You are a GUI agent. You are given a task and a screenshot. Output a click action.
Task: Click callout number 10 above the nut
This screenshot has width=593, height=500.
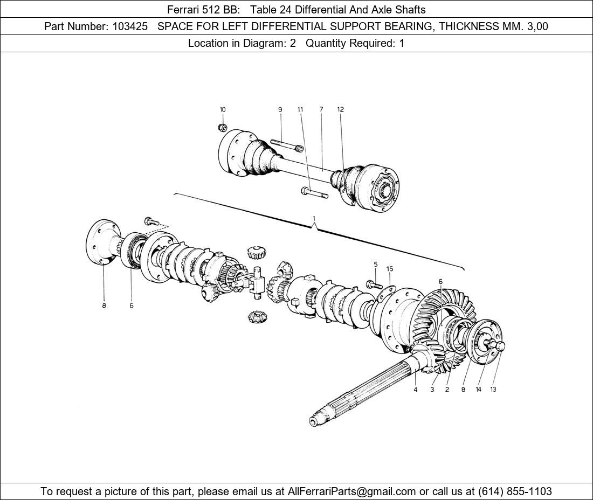(222, 109)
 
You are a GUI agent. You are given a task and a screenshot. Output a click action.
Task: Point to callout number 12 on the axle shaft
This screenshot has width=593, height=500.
(340, 109)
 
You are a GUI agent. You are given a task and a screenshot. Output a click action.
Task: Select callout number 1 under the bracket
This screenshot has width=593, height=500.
(314, 219)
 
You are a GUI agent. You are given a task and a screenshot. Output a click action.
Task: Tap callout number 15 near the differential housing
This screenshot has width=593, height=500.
(390, 268)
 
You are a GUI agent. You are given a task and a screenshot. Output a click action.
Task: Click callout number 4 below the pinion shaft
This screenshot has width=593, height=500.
(415, 390)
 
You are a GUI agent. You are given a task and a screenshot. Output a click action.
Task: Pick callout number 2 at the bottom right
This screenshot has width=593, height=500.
(447, 390)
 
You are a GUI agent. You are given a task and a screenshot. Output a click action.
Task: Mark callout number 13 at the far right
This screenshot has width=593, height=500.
(493, 390)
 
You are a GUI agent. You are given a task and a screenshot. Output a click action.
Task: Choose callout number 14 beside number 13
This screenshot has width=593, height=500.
(478, 390)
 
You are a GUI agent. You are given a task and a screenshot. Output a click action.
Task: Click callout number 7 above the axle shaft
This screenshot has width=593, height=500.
(321, 109)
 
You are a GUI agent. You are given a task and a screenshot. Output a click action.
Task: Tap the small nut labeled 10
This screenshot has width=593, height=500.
(221, 128)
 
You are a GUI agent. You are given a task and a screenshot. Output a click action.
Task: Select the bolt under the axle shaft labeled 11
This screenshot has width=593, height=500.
(315, 192)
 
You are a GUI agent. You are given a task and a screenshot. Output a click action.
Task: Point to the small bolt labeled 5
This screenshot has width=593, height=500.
(371, 284)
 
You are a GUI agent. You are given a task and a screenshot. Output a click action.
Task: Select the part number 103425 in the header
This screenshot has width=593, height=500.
(129, 26)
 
